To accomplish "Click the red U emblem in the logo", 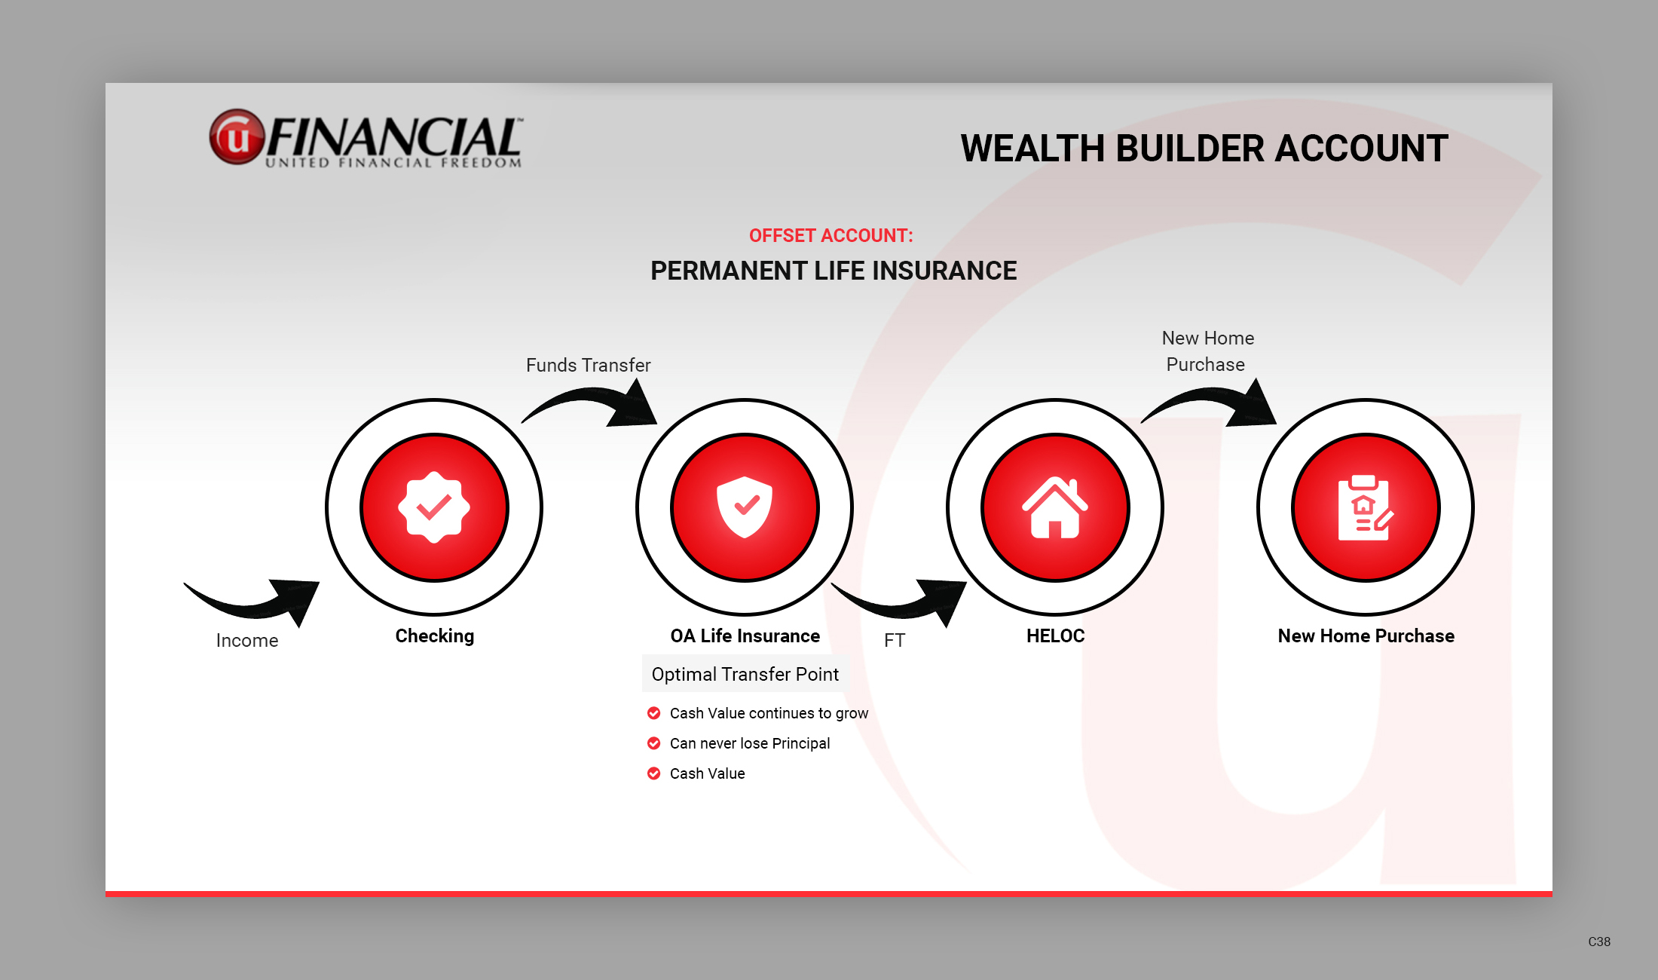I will click(x=237, y=137).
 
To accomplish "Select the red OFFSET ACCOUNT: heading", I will click(x=831, y=236).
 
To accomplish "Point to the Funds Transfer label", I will click(x=588, y=366).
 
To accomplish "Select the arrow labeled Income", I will click(x=256, y=599).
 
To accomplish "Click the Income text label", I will click(x=247, y=641).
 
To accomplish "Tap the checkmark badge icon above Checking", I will click(x=434, y=507).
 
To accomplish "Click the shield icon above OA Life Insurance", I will click(x=745, y=507).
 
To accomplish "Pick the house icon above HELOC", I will click(x=1055, y=507).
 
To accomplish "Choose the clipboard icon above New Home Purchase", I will click(x=1365, y=507).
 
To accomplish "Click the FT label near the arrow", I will click(x=895, y=641).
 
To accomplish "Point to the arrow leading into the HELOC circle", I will click(x=904, y=599).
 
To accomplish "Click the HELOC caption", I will click(x=1055, y=636).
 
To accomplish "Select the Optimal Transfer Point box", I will click(x=745, y=674).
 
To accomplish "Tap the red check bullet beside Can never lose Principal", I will click(x=654, y=743).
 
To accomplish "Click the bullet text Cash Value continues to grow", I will click(x=769, y=713).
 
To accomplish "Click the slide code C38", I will click(x=1599, y=942).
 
